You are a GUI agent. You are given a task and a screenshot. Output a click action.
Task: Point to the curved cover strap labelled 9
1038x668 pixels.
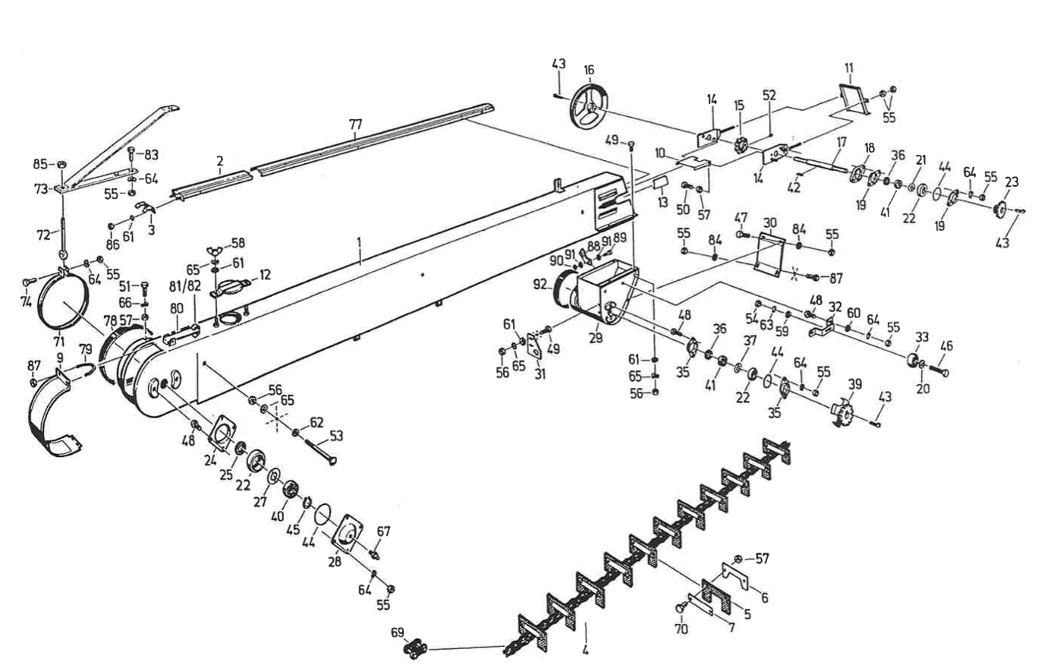tap(53, 414)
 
